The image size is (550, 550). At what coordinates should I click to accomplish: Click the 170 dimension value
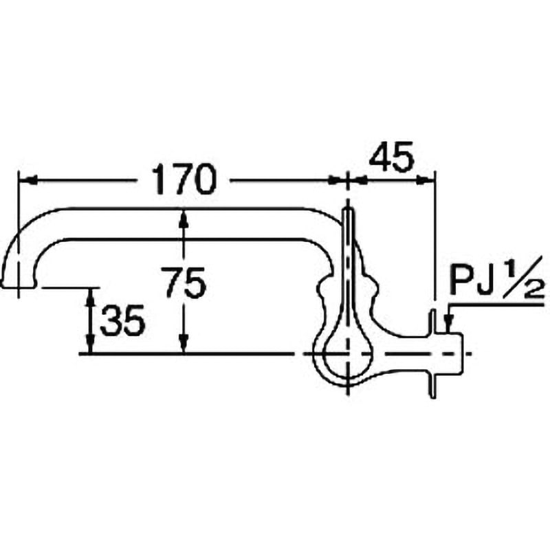[x=182, y=180]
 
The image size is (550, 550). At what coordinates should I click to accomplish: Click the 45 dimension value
[x=391, y=157]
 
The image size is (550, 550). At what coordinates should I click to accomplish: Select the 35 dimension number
[x=122, y=320]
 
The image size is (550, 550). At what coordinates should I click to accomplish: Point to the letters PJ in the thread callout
[x=470, y=282]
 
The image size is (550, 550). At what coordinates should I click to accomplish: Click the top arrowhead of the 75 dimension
[x=184, y=219]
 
